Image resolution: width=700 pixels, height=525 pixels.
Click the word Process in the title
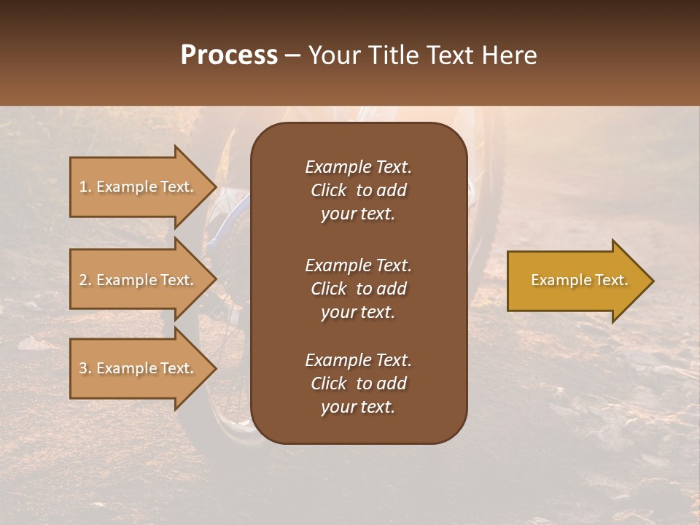229,55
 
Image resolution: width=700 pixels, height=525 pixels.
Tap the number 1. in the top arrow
85,187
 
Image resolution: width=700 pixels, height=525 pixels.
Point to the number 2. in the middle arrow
85,280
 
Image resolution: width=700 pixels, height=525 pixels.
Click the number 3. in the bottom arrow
85,368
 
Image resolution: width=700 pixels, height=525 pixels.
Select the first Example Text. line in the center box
358,167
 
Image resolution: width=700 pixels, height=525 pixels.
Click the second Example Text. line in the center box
358,265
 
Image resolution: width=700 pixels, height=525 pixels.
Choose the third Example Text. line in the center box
358,360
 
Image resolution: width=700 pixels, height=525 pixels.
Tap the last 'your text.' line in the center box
358,408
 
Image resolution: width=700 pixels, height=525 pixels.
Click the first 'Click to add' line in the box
358,190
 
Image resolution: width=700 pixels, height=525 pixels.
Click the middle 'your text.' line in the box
358,312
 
